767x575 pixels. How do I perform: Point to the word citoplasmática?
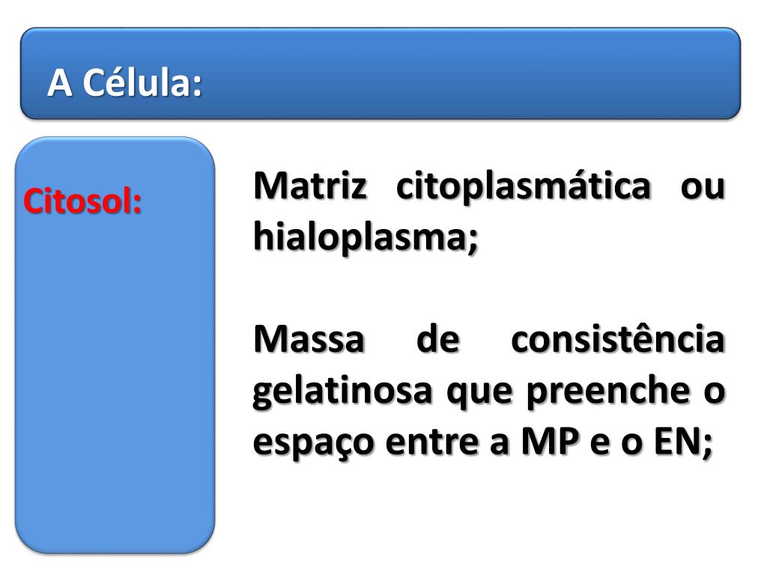523,186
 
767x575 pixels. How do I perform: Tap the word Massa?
309,341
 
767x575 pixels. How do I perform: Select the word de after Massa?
437,341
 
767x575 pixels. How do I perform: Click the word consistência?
618,341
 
